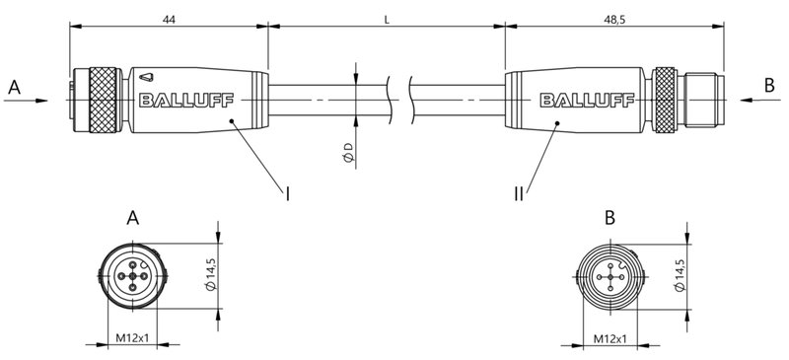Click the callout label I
click(x=288, y=194)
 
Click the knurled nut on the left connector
click(x=103, y=99)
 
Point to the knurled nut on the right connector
click(x=667, y=99)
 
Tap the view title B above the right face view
click(x=610, y=218)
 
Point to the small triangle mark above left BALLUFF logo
click(x=145, y=75)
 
